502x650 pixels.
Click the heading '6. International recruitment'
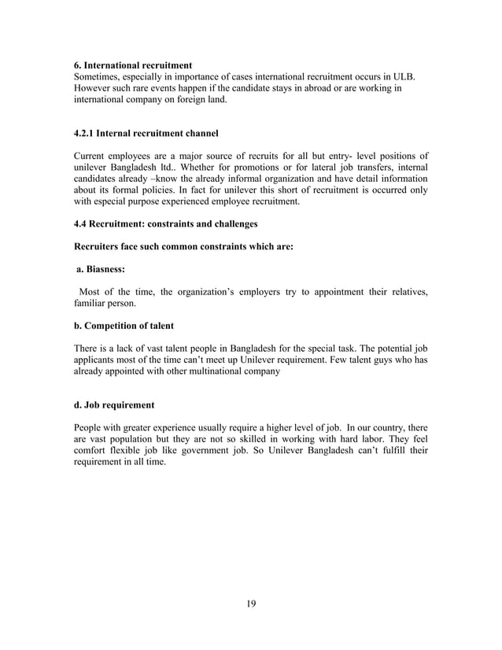133,64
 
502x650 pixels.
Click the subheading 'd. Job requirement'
114,405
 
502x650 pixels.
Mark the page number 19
250,604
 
